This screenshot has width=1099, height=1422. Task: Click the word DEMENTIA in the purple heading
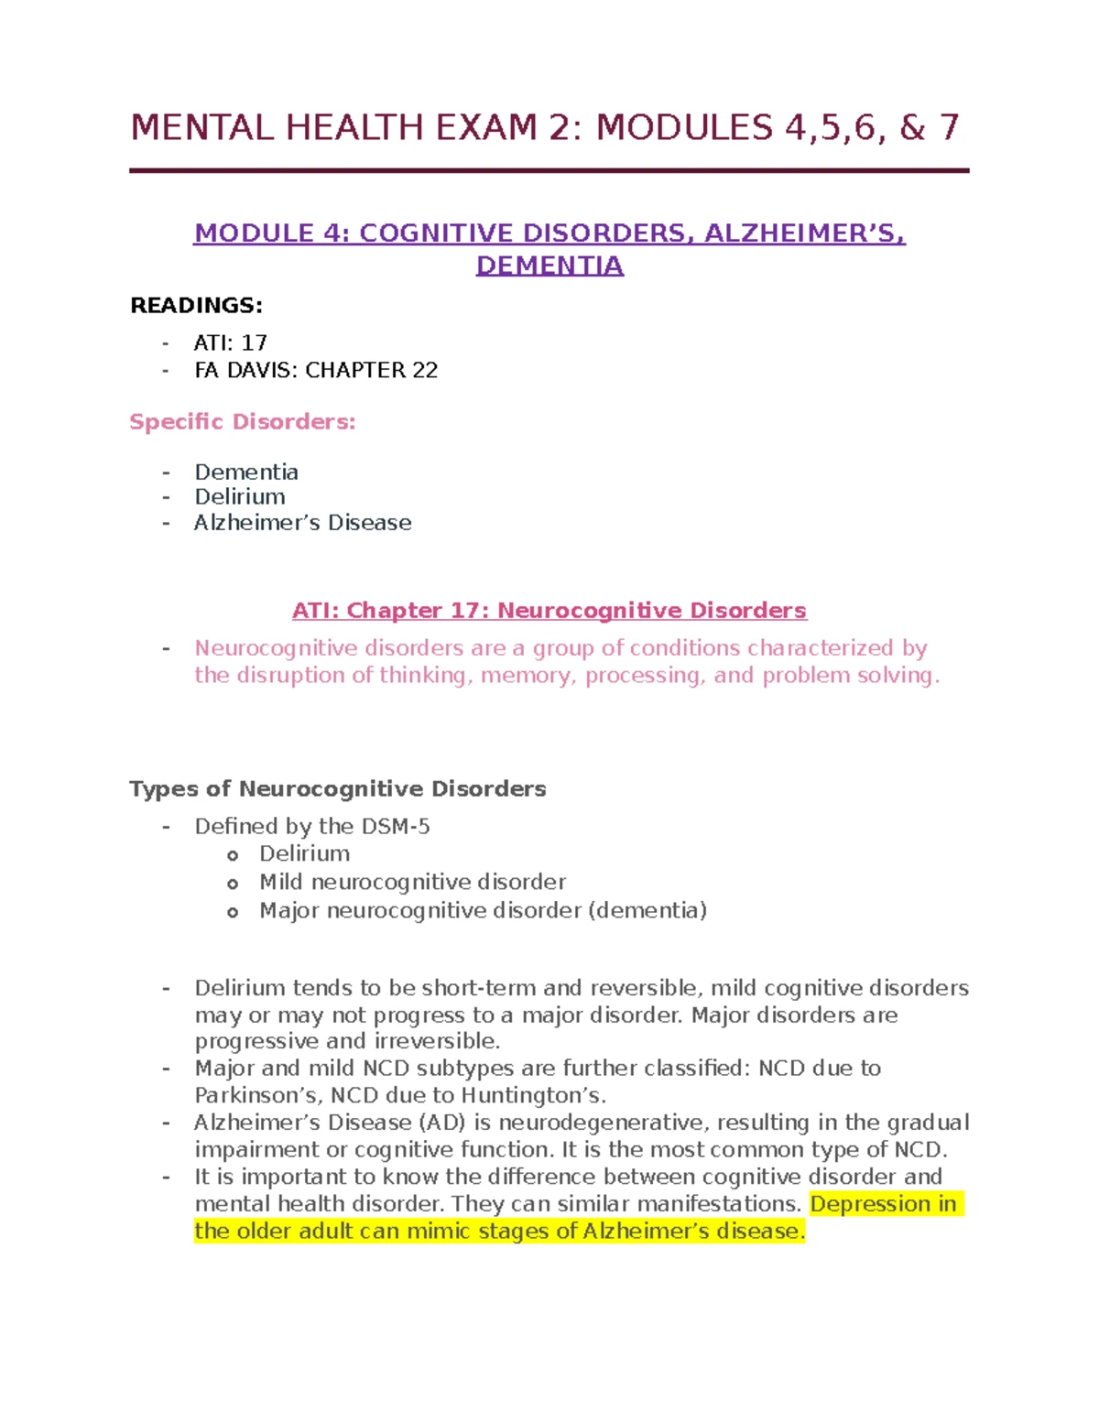(x=549, y=266)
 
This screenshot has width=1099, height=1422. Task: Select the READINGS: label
(x=196, y=306)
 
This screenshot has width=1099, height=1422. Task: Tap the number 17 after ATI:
(x=254, y=343)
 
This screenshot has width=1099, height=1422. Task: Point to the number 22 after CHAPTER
(x=425, y=371)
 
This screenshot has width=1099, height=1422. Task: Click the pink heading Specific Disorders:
(x=243, y=422)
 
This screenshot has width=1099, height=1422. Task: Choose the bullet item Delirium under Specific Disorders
(x=240, y=497)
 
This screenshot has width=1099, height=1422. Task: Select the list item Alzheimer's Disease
(x=302, y=523)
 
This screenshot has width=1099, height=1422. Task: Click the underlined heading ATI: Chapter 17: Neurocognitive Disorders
(x=549, y=611)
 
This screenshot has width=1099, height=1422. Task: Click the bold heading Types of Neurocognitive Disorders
(x=338, y=789)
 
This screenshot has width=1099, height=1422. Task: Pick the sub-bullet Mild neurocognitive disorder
(x=412, y=882)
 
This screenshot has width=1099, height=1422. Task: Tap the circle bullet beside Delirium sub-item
(x=233, y=855)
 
